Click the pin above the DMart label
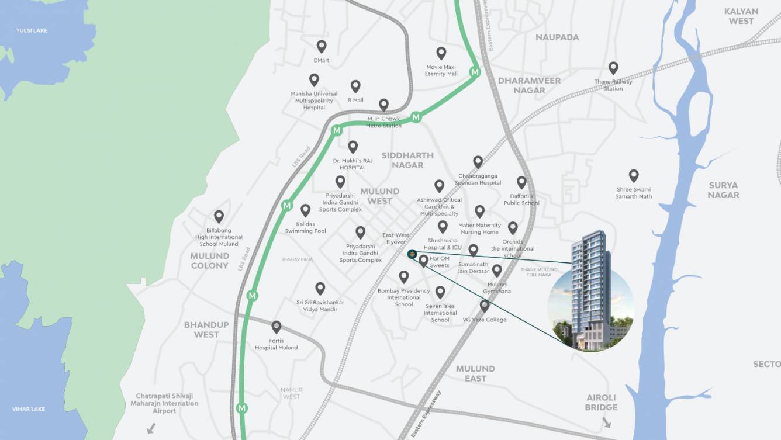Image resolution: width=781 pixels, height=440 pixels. pos(321,46)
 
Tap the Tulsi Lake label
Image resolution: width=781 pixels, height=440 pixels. pos(32,30)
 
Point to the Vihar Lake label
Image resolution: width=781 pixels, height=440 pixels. pos(29,409)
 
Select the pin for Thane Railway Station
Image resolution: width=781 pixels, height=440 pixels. pos(613,68)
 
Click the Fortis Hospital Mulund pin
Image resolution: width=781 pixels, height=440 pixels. pos(277,327)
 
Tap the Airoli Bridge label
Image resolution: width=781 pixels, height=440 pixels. pos(601,403)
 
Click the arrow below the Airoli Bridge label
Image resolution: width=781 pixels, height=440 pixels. pos(606,422)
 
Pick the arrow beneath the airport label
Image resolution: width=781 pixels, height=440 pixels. pos(151,428)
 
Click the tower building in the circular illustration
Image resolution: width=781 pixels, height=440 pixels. pos(590,289)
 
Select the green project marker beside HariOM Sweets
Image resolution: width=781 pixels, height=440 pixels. pos(412,254)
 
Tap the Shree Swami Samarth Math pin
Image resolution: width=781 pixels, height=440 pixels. pos(634,175)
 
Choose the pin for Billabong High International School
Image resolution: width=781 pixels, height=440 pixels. pos(219,216)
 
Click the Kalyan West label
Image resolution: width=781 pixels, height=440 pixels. pos(741,16)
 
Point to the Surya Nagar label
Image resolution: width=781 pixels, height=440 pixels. pos(723,190)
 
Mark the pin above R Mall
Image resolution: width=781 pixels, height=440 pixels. pos(355,86)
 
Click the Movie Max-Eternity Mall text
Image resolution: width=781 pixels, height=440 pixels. pos(441,71)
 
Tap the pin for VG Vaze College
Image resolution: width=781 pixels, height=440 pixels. pos(485,305)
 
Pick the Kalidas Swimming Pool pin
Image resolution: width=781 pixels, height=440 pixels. pos(306,210)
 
